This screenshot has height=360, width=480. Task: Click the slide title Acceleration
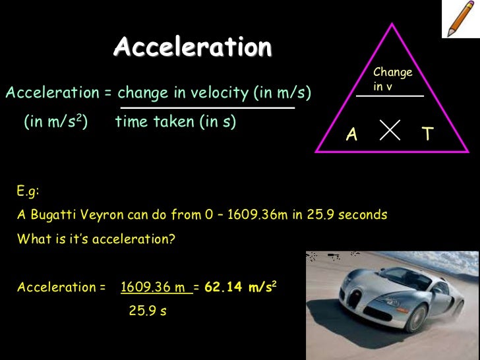(x=193, y=47)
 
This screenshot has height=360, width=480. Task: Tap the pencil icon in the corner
(x=460, y=18)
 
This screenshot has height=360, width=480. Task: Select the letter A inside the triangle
(x=352, y=135)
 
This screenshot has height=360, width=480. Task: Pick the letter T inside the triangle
(x=427, y=135)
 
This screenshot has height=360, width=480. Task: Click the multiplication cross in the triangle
(x=390, y=130)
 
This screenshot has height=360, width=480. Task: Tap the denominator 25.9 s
(x=148, y=311)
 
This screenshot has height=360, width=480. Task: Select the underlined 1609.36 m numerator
(x=156, y=287)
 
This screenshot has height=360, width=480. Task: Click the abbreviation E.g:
(x=28, y=192)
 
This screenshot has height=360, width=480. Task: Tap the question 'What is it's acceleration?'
(x=96, y=239)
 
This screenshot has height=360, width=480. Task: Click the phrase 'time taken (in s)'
(x=175, y=122)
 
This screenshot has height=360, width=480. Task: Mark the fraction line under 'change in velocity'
(x=207, y=107)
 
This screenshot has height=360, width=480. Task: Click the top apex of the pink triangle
(x=393, y=24)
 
